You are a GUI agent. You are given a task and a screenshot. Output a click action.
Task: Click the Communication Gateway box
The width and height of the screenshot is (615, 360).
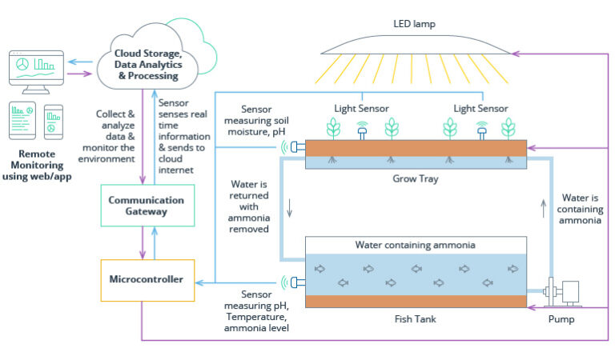[x=147, y=206]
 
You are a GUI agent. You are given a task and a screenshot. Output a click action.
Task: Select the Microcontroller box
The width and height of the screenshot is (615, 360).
[x=147, y=279]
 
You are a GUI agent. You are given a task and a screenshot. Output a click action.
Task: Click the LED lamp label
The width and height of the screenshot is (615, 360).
[x=414, y=22]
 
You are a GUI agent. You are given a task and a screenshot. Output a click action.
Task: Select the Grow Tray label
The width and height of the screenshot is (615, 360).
[x=416, y=179]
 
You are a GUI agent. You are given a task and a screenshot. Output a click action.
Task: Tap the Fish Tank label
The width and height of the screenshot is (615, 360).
[x=416, y=319]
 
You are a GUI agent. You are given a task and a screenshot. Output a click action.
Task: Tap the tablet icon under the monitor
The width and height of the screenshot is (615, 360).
[x=22, y=119]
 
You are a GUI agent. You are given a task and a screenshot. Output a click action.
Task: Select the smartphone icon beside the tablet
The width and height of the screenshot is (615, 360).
[x=54, y=121]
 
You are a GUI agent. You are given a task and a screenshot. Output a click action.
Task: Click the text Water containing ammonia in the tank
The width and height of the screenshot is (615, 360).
[x=416, y=245]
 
